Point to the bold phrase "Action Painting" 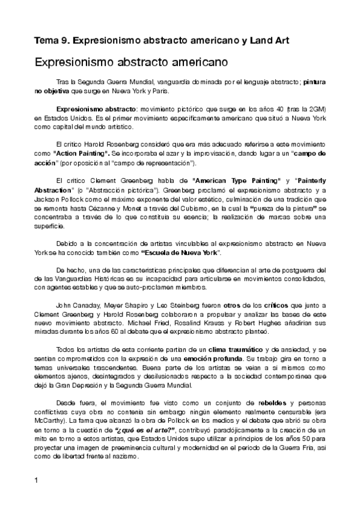pos(81,154)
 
